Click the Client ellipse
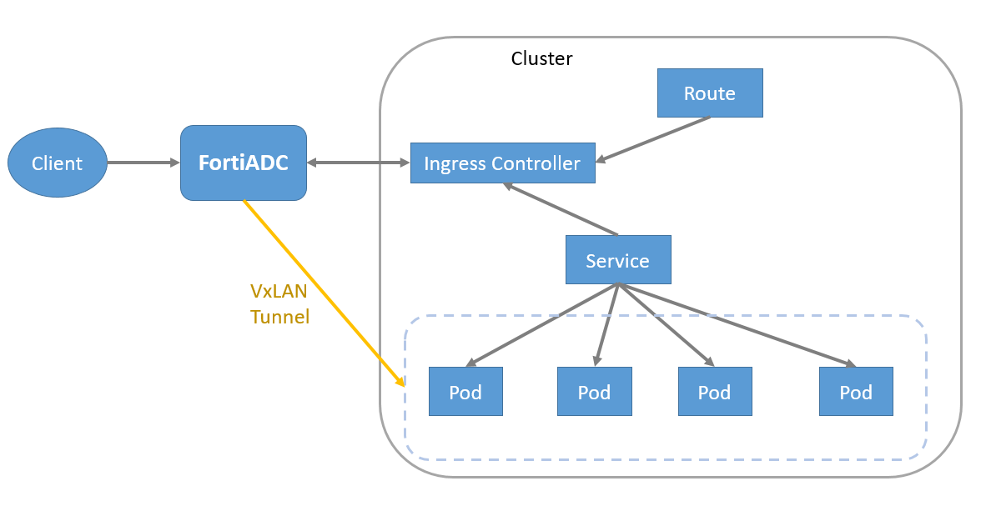(58, 163)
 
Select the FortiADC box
(244, 163)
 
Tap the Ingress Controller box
(502, 163)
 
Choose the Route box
(710, 93)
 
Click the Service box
(617, 260)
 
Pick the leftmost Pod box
(465, 391)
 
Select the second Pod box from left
(595, 391)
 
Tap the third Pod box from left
(715, 391)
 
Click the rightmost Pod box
(856, 391)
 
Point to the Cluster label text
(542, 58)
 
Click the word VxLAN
(279, 291)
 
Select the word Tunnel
(280, 317)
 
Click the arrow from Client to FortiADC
(143, 163)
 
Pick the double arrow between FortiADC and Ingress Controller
(359, 163)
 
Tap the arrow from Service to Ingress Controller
(561, 209)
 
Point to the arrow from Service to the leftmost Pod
(542, 325)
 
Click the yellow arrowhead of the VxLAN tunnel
(400, 382)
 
